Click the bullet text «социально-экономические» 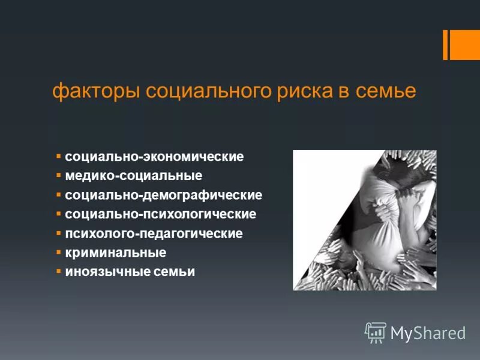click(x=154, y=157)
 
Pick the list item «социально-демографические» click(x=163, y=196)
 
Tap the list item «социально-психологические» click(x=160, y=214)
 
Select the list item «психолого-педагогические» click(x=154, y=233)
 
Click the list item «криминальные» click(x=115, y=253)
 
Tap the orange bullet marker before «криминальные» click(x=59, y=252)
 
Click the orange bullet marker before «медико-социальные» click(x=59, y=176)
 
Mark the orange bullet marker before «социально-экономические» click(x=59, y=157)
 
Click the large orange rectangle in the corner click(x=465, y=44)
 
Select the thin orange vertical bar click(x=445, y=44)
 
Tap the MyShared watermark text click(x=428, y=332)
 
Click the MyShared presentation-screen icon click(x=376, y=332)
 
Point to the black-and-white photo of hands click(x=364, y=220)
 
